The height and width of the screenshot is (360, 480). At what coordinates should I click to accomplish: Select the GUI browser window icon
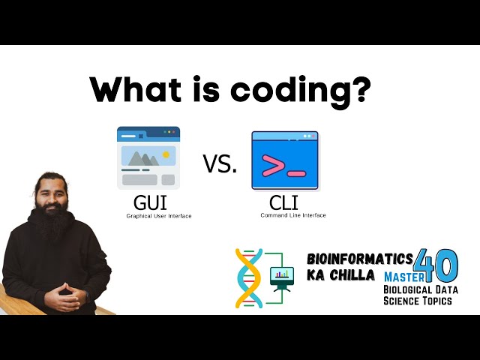(x=148, y=157)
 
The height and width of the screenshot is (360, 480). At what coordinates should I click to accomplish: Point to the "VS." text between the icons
(x=219, y=163)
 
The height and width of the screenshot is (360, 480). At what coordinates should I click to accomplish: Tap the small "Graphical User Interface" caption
(x=158, y=217)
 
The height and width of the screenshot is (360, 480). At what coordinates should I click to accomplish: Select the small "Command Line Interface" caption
(x=292, y=216)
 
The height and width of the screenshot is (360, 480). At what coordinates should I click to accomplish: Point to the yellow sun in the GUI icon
(x=166, y=154)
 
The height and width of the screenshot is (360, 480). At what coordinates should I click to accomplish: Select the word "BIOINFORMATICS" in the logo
(x=359, y=259)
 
